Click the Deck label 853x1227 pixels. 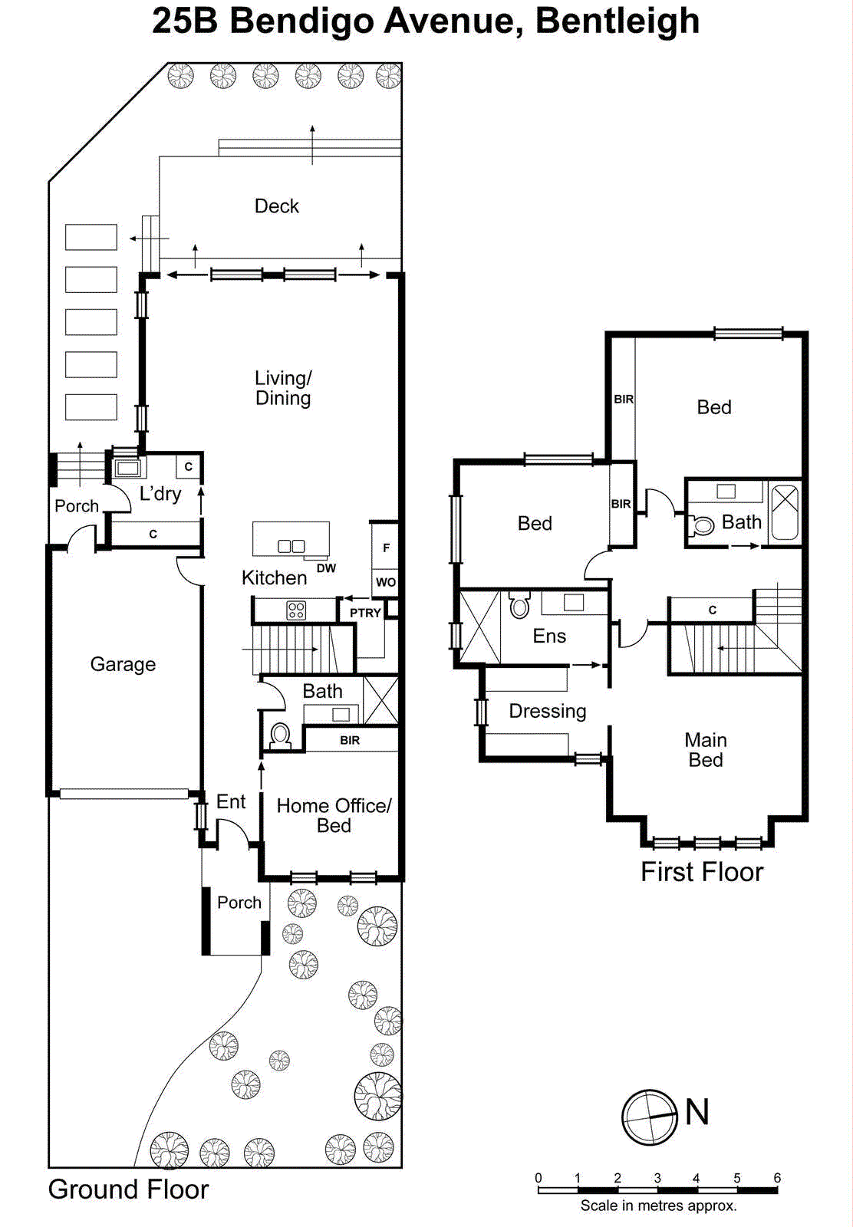(276, 206)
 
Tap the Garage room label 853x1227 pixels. (123, 664)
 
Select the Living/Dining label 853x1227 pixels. (283, 388)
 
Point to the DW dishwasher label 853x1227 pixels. (326, 568)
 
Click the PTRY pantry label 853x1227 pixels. (365, 613)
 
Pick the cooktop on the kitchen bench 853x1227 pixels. (296, 610)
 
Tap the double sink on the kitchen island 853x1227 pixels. (291, 546)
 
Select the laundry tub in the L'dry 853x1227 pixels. (127, 467)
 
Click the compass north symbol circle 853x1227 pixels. (650, 1117)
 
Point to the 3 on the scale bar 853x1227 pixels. (657, 1178)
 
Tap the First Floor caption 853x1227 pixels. (702, 872)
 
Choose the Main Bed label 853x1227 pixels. (706, 750)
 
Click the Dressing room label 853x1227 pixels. (548, 711)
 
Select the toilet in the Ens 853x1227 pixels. (519, 605)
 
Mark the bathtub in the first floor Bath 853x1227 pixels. (785, 512)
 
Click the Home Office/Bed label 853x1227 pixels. (334, 815)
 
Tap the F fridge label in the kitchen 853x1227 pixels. (386, 548)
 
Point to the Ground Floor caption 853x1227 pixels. (128, 1189)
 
